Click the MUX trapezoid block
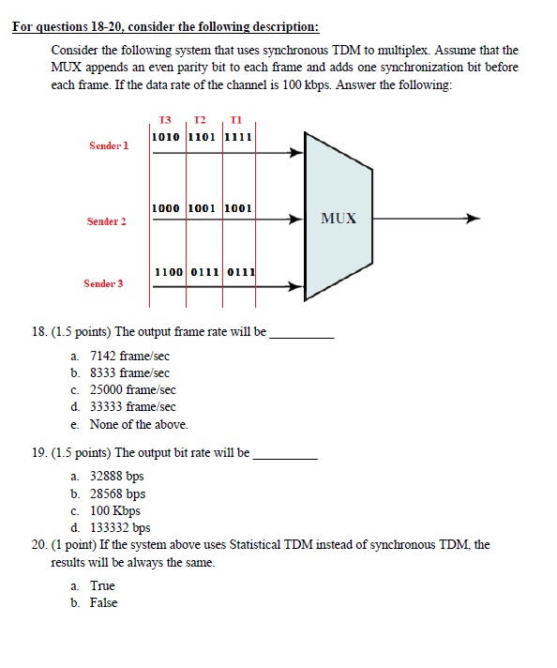pyautogui.click(x=338, y=218)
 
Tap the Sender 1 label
pyautogui.click(x=109, y=146)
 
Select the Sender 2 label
pyautogui.click(x=107, y=222)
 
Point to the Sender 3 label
pyautogui.click(x=103, y=282)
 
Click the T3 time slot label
pyautogui.click(x=166, y=120)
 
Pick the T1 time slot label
pyautogui.click(x=235, y=120)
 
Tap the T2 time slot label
pyautogui.click(x=201, y=120)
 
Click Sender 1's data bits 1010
pyautogui.click(x=167, y=136)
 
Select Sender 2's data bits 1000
pyautogui.click(x=167, y=207)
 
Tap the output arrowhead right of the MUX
pyautogui.click(x=474, y=220)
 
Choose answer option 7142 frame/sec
pyautogui.click(x=129, y=357)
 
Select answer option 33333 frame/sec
pyautogui.click(x=132, y=407)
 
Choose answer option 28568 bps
pyautogui.click(x=117, y=493)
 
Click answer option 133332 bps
pyautogui.click(x=120, y=527)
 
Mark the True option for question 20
pyautogui.click(x=102, y=585)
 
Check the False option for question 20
pyautogui.click(x=103, y=602)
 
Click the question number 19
pyautogui.click(x=40, y=452)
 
